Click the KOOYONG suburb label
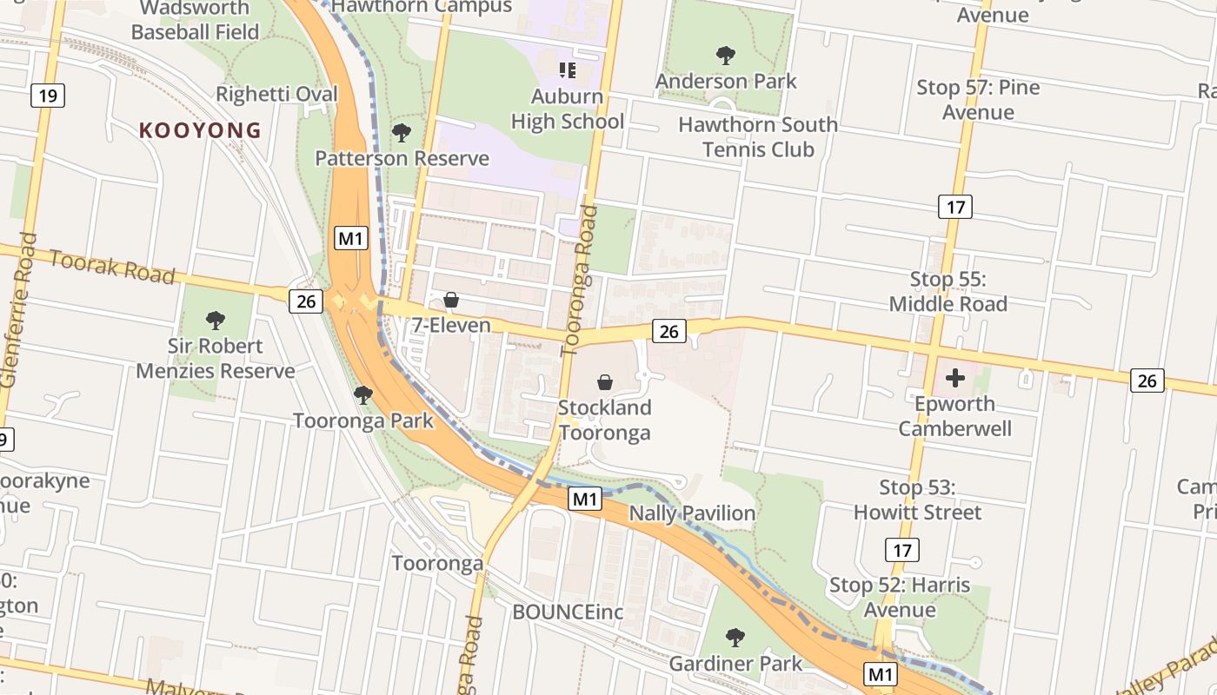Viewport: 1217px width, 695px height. click(200, 130)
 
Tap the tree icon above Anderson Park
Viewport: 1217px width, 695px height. click(726, 56)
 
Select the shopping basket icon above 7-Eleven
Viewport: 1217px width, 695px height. click(451, 301)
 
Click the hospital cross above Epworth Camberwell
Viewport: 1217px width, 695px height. click(955, 378)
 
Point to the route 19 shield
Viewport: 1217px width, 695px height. click(48, 95)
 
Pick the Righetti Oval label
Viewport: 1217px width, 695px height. click(276, 94)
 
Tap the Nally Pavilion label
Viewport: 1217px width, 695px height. click(692, 513)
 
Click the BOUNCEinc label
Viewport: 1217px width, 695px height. click(568, 612)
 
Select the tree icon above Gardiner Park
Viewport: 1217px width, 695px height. click(735, 638)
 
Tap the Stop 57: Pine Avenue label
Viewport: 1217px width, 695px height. click(978, 100)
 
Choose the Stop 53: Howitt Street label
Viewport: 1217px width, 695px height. click(917, 500)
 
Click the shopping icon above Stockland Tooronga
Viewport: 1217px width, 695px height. click(605, 382)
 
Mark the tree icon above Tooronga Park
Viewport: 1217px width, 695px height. click(363, 395)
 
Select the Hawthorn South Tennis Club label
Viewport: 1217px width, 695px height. click(758, 137)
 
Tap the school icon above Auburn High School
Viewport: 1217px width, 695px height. click(568, 69)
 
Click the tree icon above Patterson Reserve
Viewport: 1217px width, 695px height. click(401, 133)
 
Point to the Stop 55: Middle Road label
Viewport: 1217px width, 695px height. click(948, 292)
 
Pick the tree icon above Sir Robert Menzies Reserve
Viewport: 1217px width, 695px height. click(216, 321)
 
